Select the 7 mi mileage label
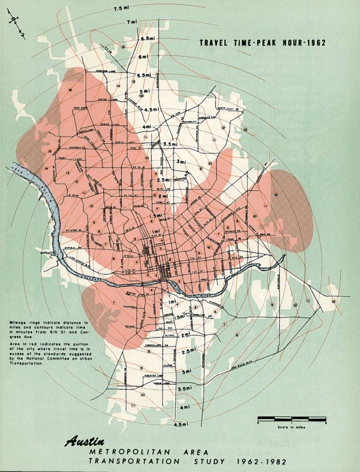click(x=132, y=22)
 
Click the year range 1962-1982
click(x=261, y=461)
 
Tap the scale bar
click(x=291, y=419)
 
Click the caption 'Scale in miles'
click(x=291, y=427)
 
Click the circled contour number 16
click(x=71, y=89)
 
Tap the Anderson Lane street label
click(x=106, y=71)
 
